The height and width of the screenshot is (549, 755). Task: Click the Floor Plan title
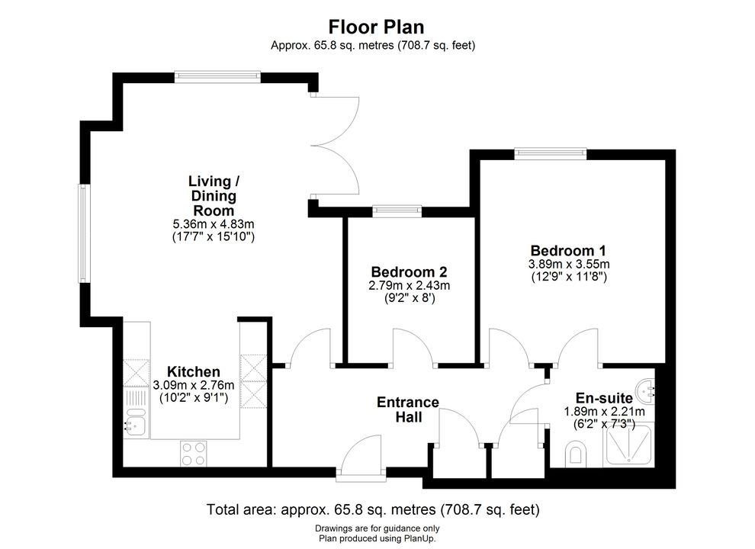(376, 27)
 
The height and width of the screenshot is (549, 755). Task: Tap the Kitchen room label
(194, 372)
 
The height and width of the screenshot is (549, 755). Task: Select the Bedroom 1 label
(568, 250)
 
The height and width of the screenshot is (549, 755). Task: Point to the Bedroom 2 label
(410, 271)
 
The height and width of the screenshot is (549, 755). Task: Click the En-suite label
(604, 398)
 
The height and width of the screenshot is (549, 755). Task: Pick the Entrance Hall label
(408, 409)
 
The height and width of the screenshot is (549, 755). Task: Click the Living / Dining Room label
(214, 195)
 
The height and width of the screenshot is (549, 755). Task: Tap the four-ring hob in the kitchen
(194, 454)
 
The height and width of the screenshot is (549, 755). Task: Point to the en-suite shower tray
(628, 445)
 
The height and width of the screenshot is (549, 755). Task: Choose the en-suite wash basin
(646, 390)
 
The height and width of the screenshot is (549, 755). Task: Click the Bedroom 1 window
(551, 153)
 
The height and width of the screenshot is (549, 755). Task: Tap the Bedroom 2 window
(397, 211)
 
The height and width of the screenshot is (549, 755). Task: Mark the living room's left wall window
(85, 233)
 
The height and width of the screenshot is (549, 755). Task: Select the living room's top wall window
(217, 77)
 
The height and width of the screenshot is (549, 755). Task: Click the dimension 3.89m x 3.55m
(569, 265)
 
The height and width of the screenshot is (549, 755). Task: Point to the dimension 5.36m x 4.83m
(214, 224)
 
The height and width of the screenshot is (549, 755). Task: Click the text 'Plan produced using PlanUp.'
(377, 539)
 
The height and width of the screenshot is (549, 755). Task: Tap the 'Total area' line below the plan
(373, 509)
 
